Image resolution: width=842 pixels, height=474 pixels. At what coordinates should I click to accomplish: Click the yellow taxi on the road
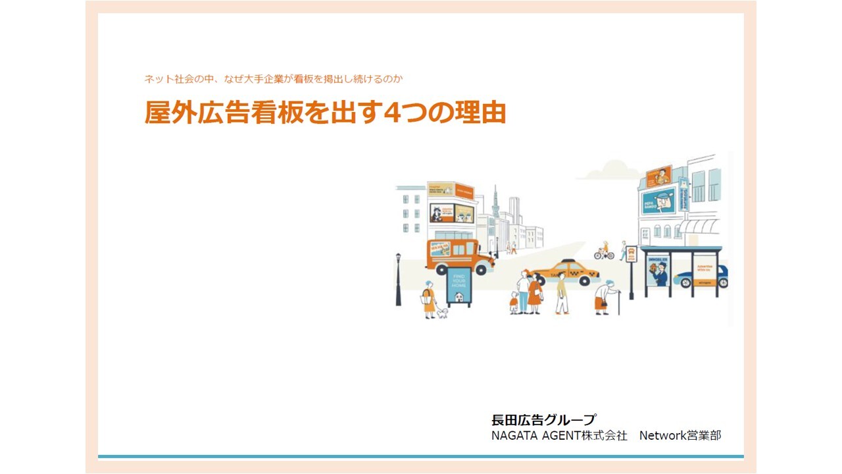[x=564, y=273]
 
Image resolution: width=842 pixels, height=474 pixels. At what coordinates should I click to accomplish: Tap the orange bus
[x=458, y=256]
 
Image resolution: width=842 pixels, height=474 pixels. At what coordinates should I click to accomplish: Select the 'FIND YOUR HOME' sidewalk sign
[x=459, y=287]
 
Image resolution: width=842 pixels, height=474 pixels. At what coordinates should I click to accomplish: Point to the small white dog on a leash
[x=442, y=313]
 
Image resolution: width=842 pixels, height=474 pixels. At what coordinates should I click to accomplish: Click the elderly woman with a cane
[x=604, y=297]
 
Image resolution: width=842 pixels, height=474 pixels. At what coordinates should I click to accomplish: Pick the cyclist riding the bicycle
[x=604, y=250]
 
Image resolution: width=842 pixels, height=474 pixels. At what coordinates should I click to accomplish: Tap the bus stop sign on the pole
[x=631, y=255]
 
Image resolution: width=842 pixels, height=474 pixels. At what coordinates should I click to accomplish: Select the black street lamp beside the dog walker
[x=398, y=279]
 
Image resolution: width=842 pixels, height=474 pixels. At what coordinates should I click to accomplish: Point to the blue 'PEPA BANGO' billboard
[x=658, y=200]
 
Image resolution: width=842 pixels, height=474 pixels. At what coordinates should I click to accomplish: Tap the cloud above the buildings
[x=608, y=172]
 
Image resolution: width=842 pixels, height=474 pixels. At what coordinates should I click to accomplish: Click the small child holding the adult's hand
[x=514, y=302]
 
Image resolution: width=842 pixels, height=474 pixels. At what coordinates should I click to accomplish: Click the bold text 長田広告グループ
[x=543, y=420]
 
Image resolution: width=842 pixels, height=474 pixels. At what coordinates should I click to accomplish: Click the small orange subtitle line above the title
[x=273, y=79]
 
